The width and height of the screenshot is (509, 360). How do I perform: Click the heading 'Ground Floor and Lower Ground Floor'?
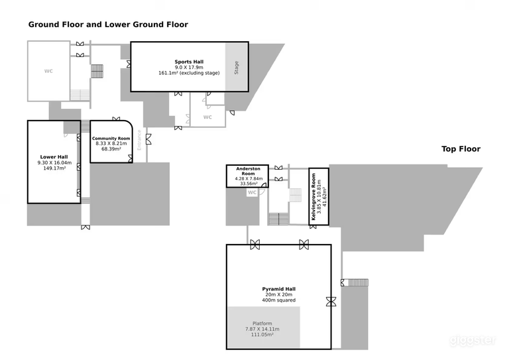(x=108, y=25)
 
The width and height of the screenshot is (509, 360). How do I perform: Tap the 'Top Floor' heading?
(x=461, y=149)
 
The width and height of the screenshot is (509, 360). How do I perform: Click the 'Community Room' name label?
(x=111, y=138)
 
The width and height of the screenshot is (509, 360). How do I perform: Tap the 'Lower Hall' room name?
(x=53, y=157)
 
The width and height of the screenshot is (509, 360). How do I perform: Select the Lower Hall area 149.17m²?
(x=53, y=168)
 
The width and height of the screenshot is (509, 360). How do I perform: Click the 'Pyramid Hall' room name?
(x=278, y=289)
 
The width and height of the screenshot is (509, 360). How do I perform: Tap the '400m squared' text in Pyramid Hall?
(x=278, y=300)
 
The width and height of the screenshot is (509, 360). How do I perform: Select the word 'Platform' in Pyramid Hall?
(x=263, y=324)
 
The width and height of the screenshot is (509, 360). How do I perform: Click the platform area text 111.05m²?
(x=263, y=335)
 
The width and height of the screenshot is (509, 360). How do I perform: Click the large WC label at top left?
(x=48, y=70)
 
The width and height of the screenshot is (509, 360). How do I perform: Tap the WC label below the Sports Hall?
(x=207, y=117)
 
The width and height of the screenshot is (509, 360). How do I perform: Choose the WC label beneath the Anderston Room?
(x=252, y=193)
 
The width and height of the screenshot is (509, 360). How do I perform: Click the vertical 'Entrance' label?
(x=140, y=141)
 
